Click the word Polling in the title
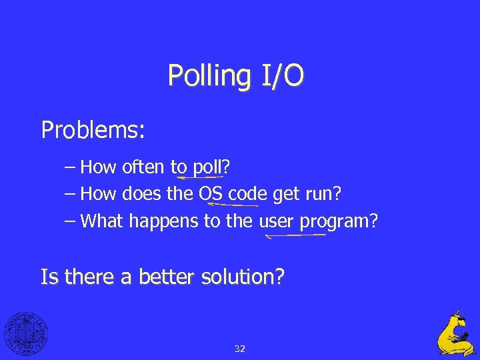pyautogui.click(x=206, y=76)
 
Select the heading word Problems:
pyautogui.click(x=93, y=129)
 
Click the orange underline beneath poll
pyautogui.click(x=199, y=178)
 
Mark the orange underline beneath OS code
pyautogui.click(x=233, y=205)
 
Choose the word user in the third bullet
pyautogui.click(x=275, y=221)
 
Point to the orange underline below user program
pyautogui.click(x=297, y=235)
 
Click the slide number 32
pyautogui.click(x=240, y=348)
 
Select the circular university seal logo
pyautogui.click(x=26, y=333)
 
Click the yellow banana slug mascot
pyautogui.click(x=455, y=333)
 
